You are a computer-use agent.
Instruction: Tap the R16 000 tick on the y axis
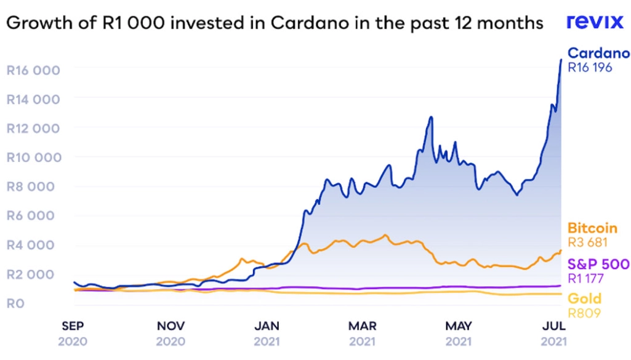pos(33,70)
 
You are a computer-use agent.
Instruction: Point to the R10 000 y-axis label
pos(33,158)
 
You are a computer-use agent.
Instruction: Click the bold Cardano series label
pos(598,53)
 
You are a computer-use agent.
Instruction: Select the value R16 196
pos(590,68)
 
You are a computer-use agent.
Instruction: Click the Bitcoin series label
pos(592,228)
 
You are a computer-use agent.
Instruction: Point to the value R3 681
pos(587,242)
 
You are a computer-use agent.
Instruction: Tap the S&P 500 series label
pos(598,265)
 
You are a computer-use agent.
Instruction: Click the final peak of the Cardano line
pos(560,60)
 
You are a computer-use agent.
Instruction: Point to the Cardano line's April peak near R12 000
pos(431,117)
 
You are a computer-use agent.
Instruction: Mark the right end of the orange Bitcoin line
pos(561,250)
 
